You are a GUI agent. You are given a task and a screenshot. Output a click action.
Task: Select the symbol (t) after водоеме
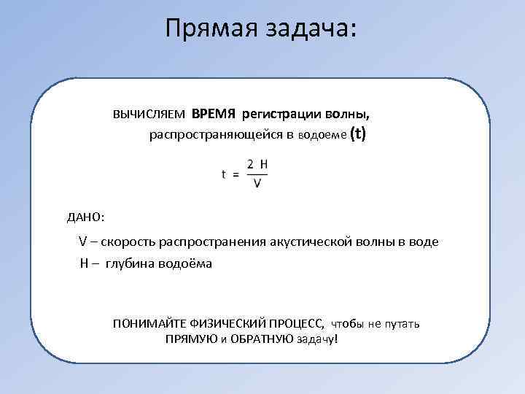click(x=358, y=134)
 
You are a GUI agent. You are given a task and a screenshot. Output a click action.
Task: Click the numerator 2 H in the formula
click(x=257, y=165)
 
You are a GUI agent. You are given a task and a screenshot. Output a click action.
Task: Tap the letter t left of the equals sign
click(x=224, y=174)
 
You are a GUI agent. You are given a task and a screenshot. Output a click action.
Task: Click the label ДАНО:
click(x=85, y=217)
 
